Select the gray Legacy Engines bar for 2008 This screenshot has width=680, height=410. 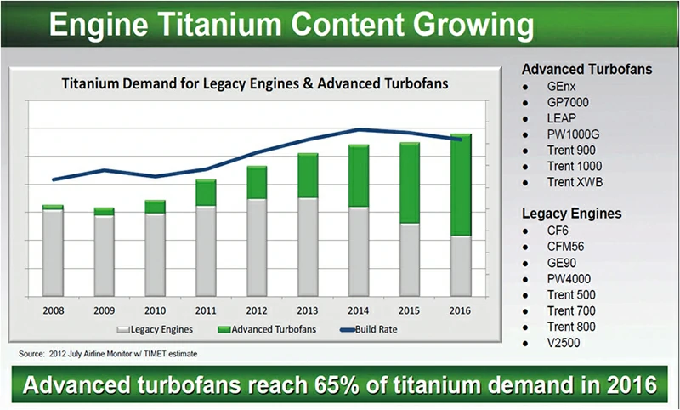coord(53,253)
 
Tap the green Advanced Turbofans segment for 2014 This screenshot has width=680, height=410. coord(359,175)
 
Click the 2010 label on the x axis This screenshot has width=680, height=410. coord(155,310)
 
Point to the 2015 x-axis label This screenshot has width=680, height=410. coord(410,310)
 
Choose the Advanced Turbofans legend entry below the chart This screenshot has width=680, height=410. coord(258,328)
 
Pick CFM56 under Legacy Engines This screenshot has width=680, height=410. coord(567,247)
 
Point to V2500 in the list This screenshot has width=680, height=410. coord(565,343)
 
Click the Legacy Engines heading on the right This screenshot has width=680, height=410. coord(571,214)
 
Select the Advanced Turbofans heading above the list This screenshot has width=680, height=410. coord(586,69)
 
